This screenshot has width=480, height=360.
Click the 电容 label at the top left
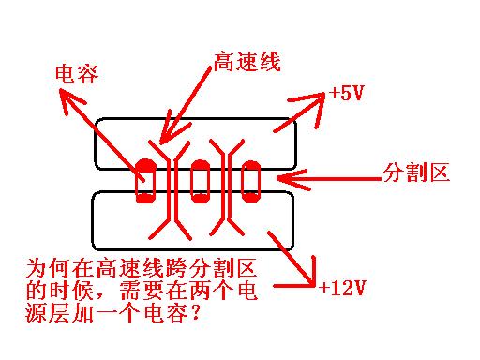pyautogui.click(x=77, y=73)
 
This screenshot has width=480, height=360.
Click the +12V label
pyautogui.click(x=341, y=288)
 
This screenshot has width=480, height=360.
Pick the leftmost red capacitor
pyautogui.click(x=146, y=182)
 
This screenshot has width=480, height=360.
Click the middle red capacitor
pyautogui.click(x=199, y=181)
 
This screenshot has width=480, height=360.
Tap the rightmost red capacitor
pyautogui.click(x=250, y=181)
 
